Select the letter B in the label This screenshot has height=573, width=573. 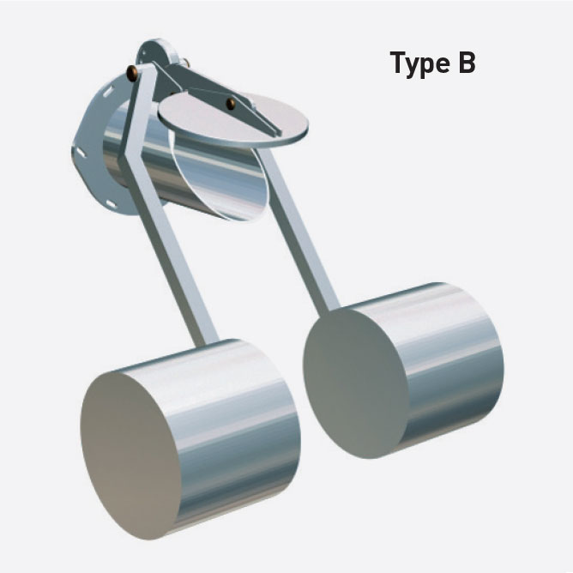pyautogui.click(x=465, y=63)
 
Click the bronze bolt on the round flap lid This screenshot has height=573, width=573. pyautogui.click(x=231, y=104)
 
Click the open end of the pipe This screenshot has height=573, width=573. pyautogui.click(x=214, y=172)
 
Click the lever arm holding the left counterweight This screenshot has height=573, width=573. pyautogui.click(x=176, y=274)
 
